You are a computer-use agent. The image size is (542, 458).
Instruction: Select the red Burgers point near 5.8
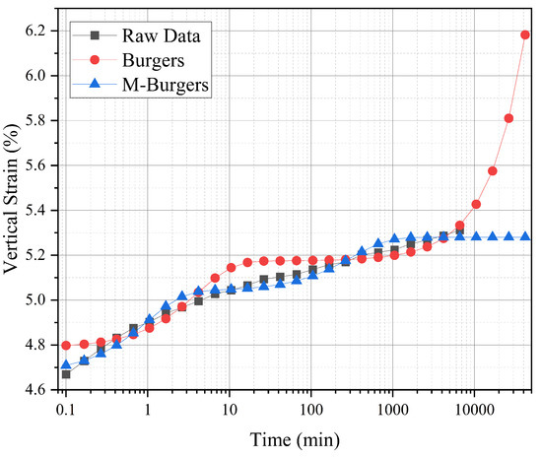tap(508, 118)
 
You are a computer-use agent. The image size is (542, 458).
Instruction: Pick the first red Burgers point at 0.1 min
tap(66, 346)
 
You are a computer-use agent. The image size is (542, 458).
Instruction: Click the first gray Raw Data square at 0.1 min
tap(66, 374)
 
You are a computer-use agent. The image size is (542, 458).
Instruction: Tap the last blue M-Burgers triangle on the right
tap(525, 236)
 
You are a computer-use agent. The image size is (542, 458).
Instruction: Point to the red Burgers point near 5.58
tap(493, 170)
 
